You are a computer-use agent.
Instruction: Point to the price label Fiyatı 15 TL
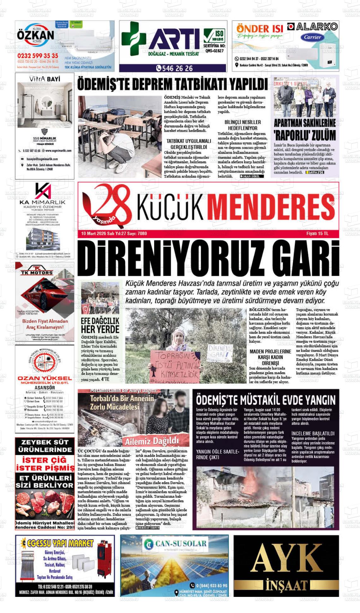pyautogui.click(x=317, y=234)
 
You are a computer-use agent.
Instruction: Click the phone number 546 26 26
pyautogui.click(x=174, y=68)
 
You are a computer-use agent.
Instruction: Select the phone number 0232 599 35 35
pyautogui.click(x=38, y=56)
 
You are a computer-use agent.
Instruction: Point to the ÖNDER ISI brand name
pyautogui.click(x=260, y=29)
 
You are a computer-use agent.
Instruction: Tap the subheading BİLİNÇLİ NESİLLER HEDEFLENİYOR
pyautogui.click(x=243, y=125)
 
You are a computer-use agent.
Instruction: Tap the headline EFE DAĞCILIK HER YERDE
pyautogui.click(x=100, y=325)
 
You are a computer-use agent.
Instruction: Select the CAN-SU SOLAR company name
pyautogui.click(x=181, y=543)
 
